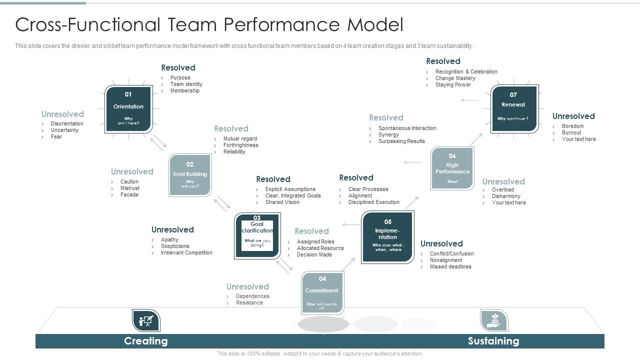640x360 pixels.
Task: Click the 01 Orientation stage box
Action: coord(128,109)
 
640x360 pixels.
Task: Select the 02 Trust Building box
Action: coord(190,175)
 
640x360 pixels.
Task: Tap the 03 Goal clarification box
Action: coord(257,235)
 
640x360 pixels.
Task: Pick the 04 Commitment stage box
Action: coord(322,292)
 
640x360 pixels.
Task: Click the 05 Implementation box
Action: coord(387,237)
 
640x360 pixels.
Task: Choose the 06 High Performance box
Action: coord(452,168)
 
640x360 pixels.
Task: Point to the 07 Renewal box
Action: coord(514,108)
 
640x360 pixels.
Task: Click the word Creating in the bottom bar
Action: coord(145,341)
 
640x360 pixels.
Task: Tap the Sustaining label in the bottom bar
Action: coord(493,341)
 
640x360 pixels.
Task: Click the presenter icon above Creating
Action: coord(146,320)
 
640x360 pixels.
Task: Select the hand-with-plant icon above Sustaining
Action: coord(493,320)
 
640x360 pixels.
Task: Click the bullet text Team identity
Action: coord(186,84)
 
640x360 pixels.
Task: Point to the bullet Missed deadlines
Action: coord(450,267)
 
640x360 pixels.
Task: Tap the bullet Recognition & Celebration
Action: coord(466,72)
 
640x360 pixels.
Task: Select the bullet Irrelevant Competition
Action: coord(186,253)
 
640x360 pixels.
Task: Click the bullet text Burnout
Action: coord(571,133)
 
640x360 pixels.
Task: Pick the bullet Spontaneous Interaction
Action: coord(407,128)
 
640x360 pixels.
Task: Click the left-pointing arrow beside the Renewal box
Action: coord(469,100)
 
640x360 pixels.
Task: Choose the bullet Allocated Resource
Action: coord(320,248)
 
